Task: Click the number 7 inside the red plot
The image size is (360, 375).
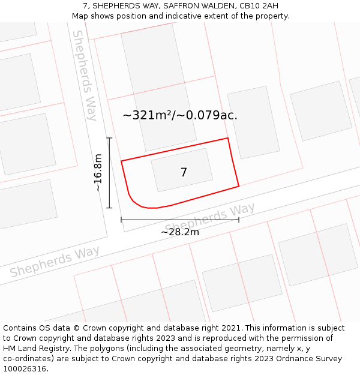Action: click(x=184, y=173)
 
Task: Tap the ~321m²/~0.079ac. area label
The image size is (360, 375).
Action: click(x=180, y=115)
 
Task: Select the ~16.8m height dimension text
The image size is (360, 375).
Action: click(x=98, y=173)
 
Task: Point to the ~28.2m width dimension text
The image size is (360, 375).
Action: click(x=180, y=232)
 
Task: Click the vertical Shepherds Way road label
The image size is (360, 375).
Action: click(x=85, y=75)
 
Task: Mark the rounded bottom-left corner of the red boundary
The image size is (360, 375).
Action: click(x=137, y=202)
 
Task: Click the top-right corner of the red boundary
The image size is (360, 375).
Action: click(x=228, y=139)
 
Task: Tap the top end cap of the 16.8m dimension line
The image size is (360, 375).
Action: click(x=109, y=138)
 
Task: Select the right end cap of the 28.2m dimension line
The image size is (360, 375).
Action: click(x=239, y=220)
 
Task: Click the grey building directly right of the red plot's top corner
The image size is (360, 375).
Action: click(x=253, y=122)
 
